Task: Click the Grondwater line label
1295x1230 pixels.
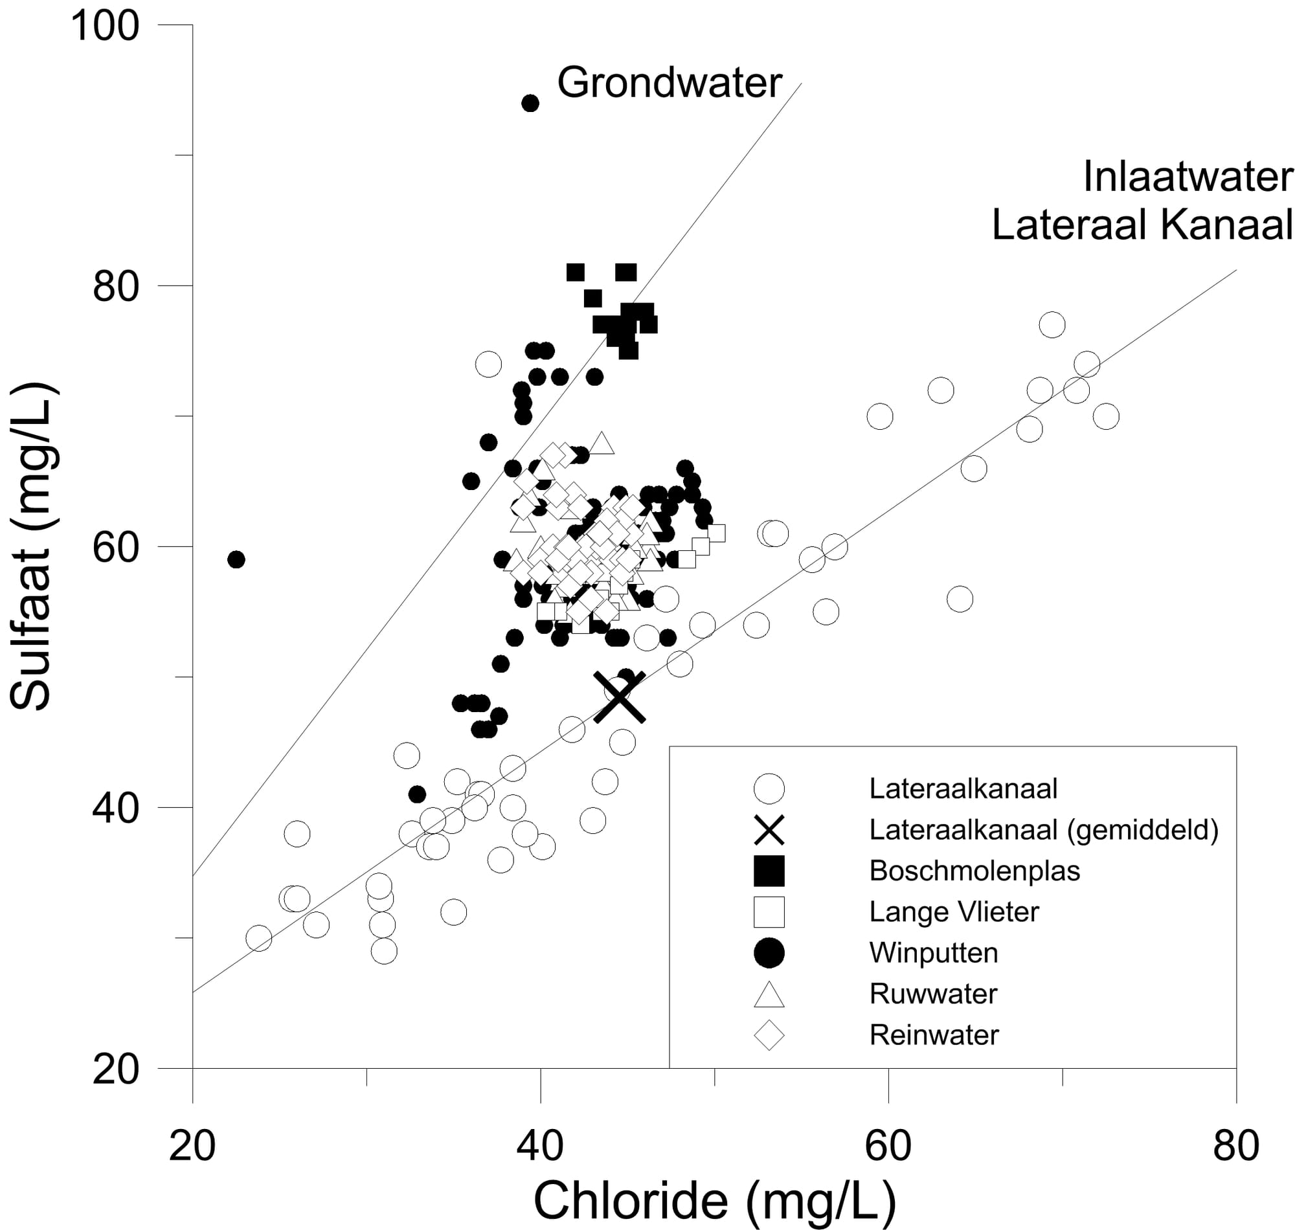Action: (670, 84)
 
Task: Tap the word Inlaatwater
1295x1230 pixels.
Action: (1188, 177)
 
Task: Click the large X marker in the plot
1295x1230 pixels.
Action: (619, 697)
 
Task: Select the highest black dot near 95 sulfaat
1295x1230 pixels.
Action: (530, 103)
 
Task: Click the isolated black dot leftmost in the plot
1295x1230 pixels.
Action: (236, 559)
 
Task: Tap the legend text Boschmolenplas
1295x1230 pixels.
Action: (974, 871)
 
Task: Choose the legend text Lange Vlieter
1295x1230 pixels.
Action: (954, 912)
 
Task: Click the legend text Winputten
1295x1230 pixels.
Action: (934, 953)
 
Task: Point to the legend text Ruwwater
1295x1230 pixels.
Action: (933, 994)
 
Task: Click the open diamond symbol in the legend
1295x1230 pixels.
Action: (769, 1035)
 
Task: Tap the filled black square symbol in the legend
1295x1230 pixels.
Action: (769, 871)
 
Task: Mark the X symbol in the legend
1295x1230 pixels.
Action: (769, 829)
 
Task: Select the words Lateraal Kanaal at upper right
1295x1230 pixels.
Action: (1142, 225)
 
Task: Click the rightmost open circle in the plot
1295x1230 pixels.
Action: (1106, 416)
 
